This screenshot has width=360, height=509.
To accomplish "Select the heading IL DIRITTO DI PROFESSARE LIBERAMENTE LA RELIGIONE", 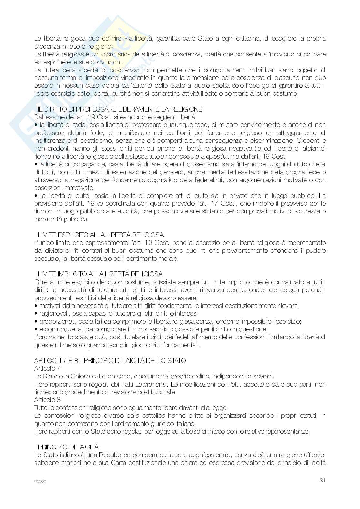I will coord(120,109).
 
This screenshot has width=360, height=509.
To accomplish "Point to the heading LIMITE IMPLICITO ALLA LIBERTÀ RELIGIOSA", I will coord(100,274).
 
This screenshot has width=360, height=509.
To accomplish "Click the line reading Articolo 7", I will coord(47,368).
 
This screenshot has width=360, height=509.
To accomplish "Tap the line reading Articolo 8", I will coord(47,400).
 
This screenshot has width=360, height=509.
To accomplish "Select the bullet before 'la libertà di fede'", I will coord(36,125).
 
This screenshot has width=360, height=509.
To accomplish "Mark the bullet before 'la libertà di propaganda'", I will coord(36,164).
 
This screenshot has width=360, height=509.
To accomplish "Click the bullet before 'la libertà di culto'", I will coord(36,196).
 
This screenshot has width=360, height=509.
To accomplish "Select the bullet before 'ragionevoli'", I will coord(36,314).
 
